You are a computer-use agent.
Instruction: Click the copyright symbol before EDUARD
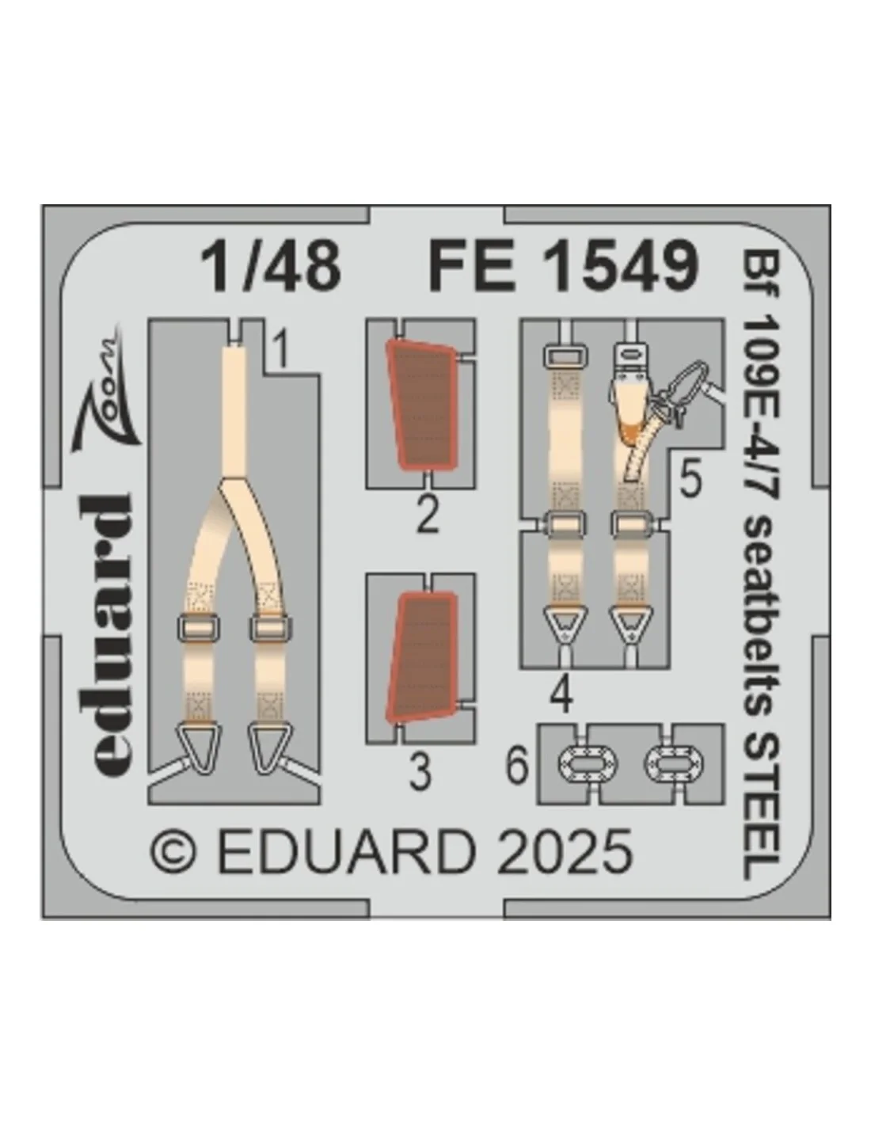[173, 857]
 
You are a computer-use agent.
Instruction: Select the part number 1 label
[280, 350]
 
